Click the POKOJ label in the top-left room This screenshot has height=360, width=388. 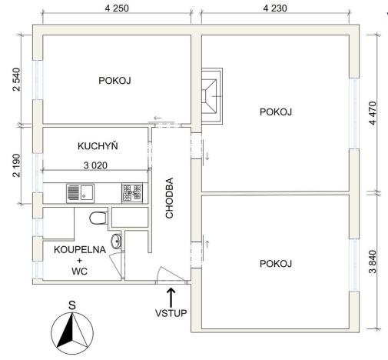[115, 80]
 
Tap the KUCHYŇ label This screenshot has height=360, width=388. [98, 145]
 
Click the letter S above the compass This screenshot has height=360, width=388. [71, 305]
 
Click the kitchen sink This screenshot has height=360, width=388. [79, 192]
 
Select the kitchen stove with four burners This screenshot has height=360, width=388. [131, 192]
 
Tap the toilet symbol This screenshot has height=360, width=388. [98, 218]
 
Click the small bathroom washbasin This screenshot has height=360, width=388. [116, 242]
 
